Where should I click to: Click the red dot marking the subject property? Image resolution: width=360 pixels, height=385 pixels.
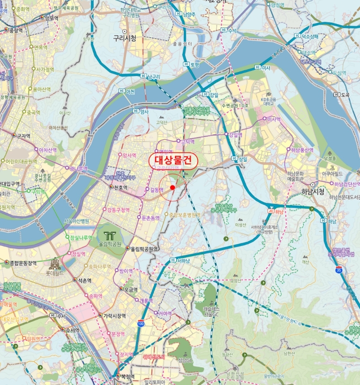(172, 188)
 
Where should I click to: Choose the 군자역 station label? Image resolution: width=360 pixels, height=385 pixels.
(23, 136)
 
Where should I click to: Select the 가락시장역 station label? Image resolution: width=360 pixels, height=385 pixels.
(114, 316)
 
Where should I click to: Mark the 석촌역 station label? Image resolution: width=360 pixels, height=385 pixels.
(83, 279)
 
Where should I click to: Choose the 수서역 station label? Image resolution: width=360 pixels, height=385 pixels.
(72, 331)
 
